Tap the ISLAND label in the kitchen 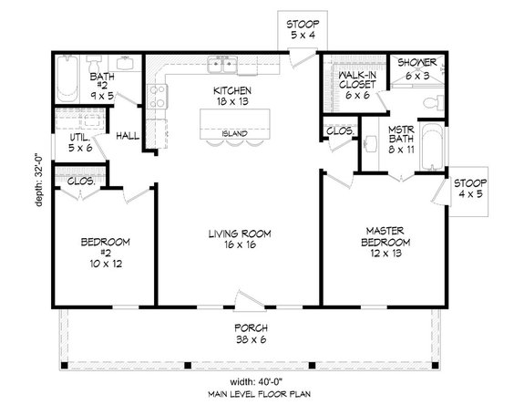point(233,132)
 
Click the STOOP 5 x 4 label point(298,28)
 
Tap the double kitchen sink point(222,66)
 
